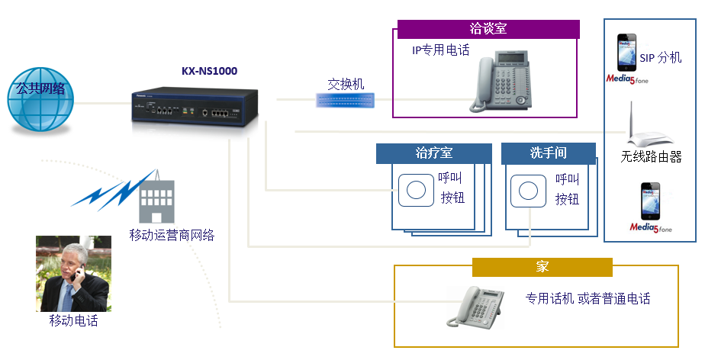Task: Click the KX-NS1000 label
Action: pyautogui.click(x=209, y=71)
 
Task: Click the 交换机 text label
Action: pyautogui.click(x=346, y=83)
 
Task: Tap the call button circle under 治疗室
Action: pyautogui.click(x=415, y=188)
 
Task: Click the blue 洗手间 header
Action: pyautogui.click(x=548, y=153)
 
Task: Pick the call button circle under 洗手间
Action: pyautogui.click(x=526, y=188)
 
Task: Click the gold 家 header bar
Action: pyautogui.click(x=542, y=267)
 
